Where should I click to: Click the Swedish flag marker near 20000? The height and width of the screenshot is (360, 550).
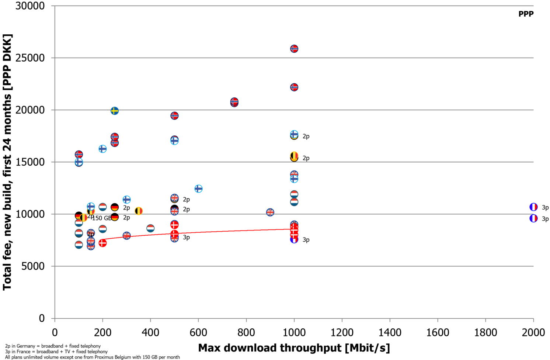115,111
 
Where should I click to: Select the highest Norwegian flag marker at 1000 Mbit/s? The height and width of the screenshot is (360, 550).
294,49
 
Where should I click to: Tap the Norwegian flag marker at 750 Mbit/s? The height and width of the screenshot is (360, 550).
234,102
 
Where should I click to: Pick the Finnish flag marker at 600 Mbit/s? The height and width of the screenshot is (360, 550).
198,188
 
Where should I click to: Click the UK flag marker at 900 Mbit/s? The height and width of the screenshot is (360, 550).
270,212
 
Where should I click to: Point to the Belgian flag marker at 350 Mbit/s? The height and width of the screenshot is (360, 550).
139,211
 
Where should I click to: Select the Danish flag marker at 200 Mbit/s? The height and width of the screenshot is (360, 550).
102,243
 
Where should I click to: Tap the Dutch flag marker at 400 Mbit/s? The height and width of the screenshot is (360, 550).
150,228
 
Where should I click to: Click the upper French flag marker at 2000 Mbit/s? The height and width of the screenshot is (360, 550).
533,207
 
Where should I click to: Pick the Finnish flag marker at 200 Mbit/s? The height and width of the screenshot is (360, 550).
102,149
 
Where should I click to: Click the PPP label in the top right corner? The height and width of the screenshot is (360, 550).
526,14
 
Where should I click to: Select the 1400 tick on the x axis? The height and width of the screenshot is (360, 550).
390,332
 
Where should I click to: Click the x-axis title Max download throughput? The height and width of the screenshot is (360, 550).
294,348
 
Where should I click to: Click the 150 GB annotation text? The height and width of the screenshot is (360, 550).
102,218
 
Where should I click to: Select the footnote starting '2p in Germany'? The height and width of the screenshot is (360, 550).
53,346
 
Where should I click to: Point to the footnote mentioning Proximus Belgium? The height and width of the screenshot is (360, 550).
92,357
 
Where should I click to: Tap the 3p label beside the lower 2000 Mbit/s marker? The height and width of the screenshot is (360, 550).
545,219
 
